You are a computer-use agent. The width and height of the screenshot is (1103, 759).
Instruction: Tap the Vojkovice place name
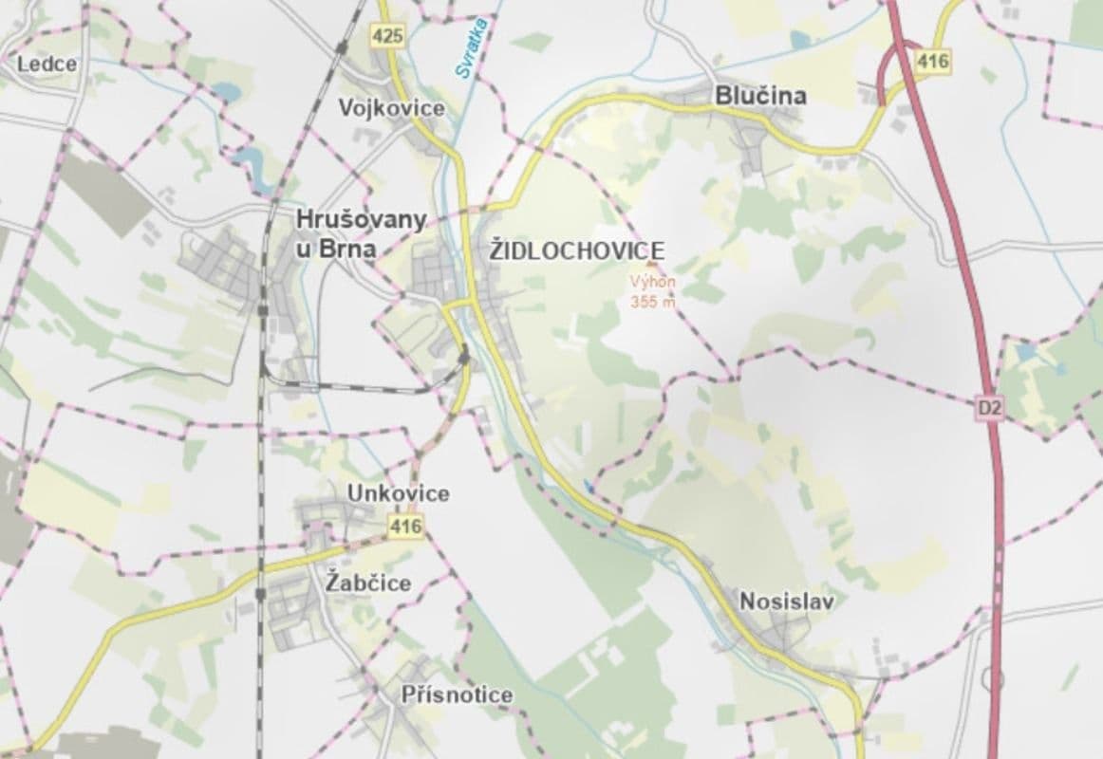(x=391, y=108)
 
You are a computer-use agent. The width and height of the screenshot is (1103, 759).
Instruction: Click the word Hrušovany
(x=361, y=219)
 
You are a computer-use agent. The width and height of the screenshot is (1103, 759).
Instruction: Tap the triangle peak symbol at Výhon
(x=650, y=265)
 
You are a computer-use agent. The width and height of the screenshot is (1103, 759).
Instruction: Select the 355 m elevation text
(x=653, y=302)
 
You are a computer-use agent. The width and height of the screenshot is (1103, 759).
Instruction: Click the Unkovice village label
(x=399, y=493)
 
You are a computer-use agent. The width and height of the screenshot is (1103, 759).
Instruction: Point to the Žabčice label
(x=367, y=582)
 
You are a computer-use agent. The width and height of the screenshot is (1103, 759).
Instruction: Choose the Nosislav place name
(x=787, y=601)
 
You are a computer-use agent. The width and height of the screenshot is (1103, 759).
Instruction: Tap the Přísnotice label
(x=457, y=694)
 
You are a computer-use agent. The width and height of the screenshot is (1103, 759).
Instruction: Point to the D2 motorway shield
(x=988, y=408)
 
